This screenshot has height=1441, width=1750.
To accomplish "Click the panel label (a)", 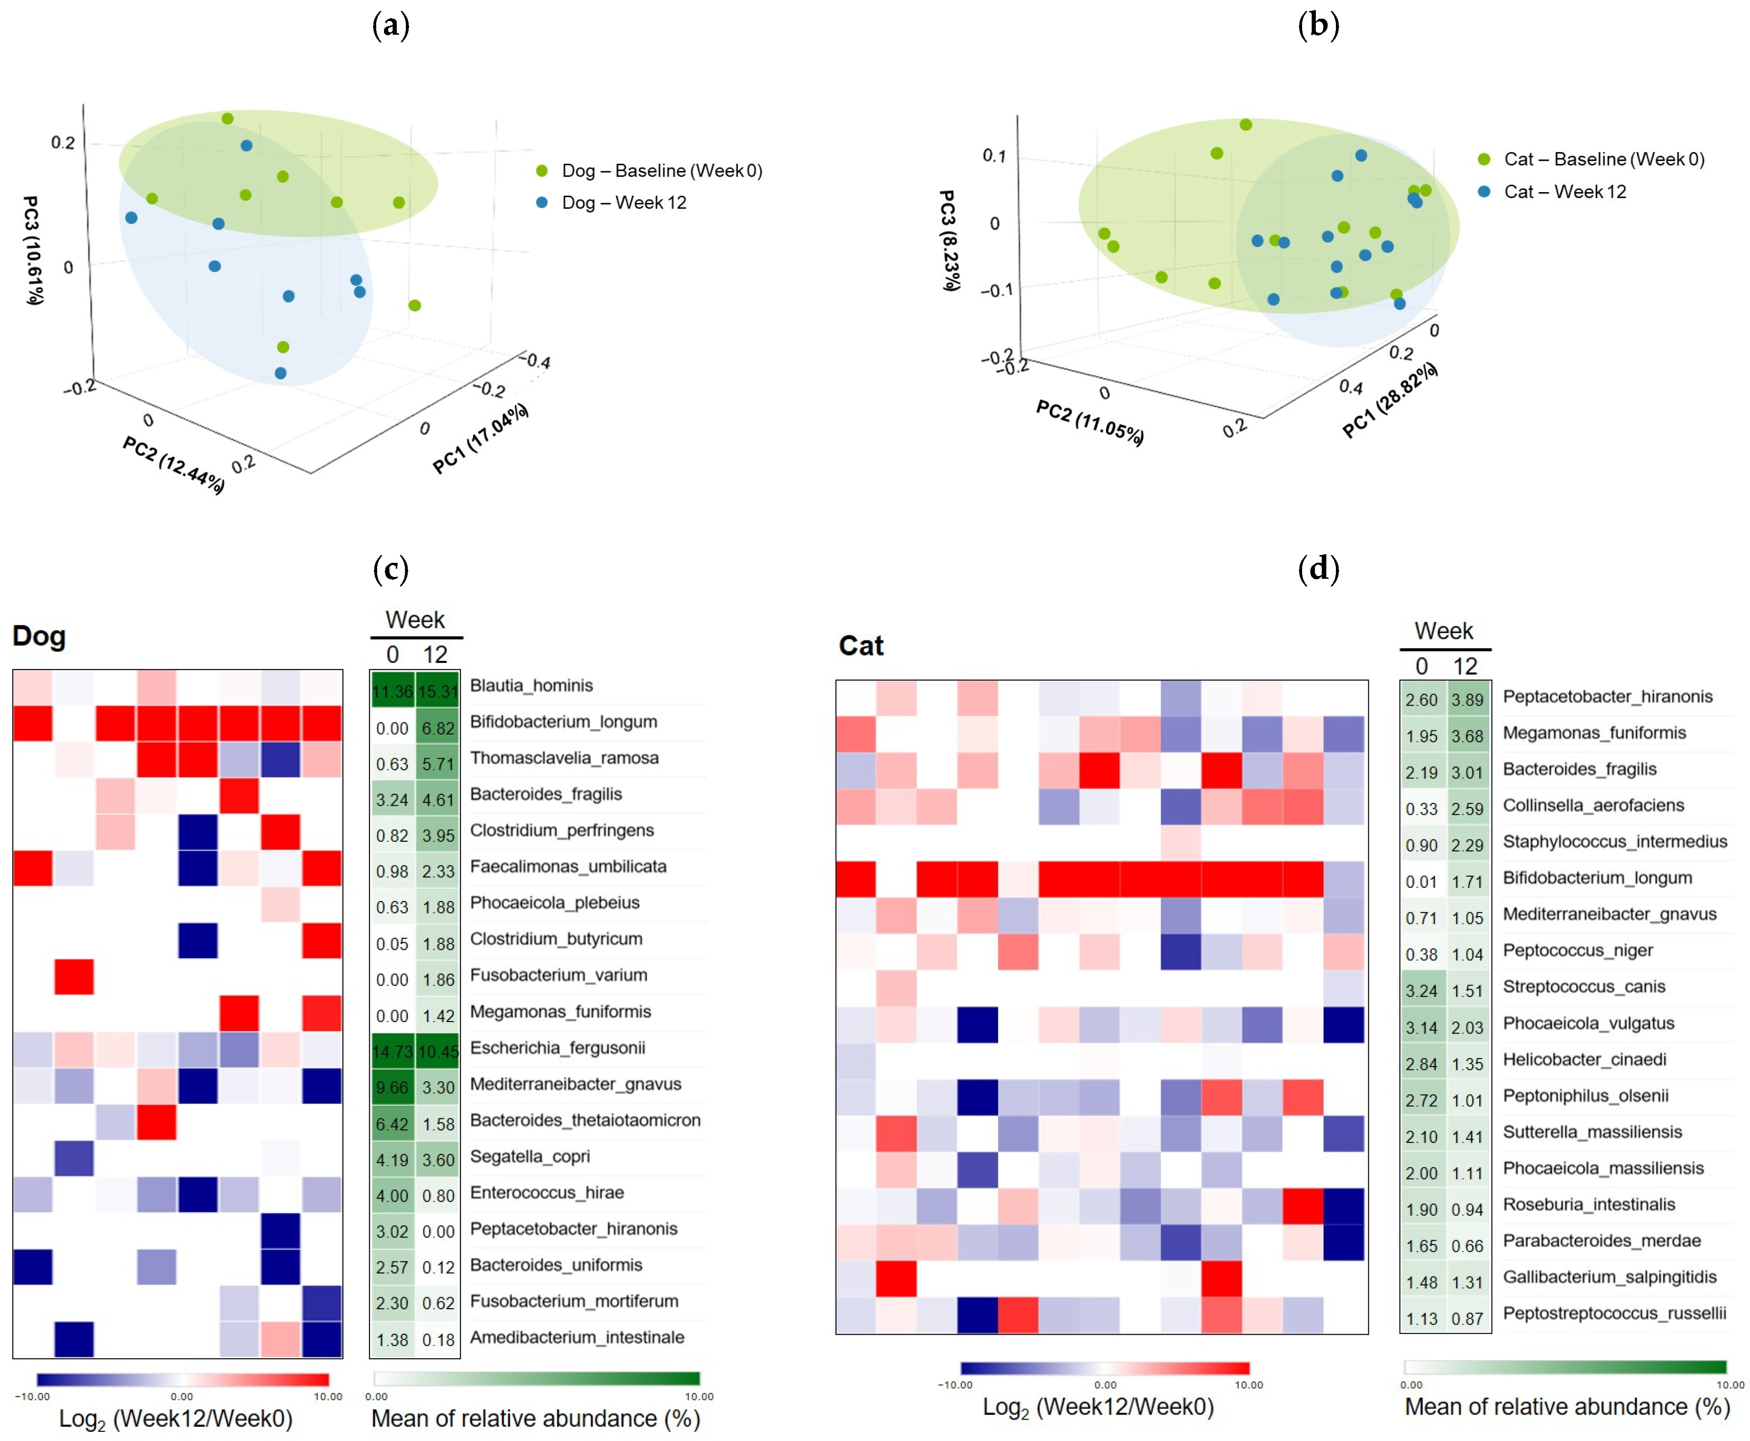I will (390, 25).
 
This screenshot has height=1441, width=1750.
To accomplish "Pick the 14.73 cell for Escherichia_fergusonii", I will (392, 1052).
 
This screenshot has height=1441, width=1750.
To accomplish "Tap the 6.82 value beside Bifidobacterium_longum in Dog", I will (437, 728).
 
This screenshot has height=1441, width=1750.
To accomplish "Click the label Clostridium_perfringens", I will (562, 830).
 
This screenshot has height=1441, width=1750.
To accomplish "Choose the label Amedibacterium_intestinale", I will (577, 1337).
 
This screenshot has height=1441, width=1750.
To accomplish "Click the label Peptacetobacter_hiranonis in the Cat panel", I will (1607, 697).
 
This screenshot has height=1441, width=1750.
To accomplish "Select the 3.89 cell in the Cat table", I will (1467, 700).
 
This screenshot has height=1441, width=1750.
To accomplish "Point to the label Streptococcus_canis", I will (1584, 986).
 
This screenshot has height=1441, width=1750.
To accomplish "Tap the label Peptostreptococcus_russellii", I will (1614, 1313).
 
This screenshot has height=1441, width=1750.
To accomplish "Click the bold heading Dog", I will (38, 637).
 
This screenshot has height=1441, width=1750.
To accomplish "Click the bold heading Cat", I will (861, 646).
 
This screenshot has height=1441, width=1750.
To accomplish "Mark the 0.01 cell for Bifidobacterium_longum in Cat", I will (1421, 881).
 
